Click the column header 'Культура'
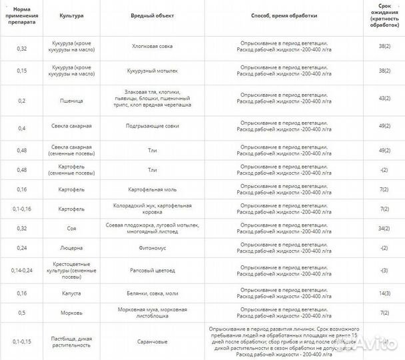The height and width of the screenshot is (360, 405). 71,15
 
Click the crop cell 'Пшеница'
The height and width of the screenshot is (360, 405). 71,100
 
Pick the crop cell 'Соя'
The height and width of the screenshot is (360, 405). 71,228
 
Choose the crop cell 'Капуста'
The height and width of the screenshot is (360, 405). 71,293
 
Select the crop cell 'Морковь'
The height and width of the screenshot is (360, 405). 71,313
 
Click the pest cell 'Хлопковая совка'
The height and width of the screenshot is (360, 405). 151,48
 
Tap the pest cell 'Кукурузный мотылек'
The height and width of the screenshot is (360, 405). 151,70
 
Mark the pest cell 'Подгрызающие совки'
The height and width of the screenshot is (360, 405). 151,125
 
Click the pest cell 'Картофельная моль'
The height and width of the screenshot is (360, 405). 151,189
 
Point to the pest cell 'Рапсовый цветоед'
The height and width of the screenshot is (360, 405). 151,271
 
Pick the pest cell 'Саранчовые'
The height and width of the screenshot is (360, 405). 151,341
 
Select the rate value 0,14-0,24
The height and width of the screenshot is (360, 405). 21,271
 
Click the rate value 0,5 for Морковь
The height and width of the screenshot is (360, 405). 21,313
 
